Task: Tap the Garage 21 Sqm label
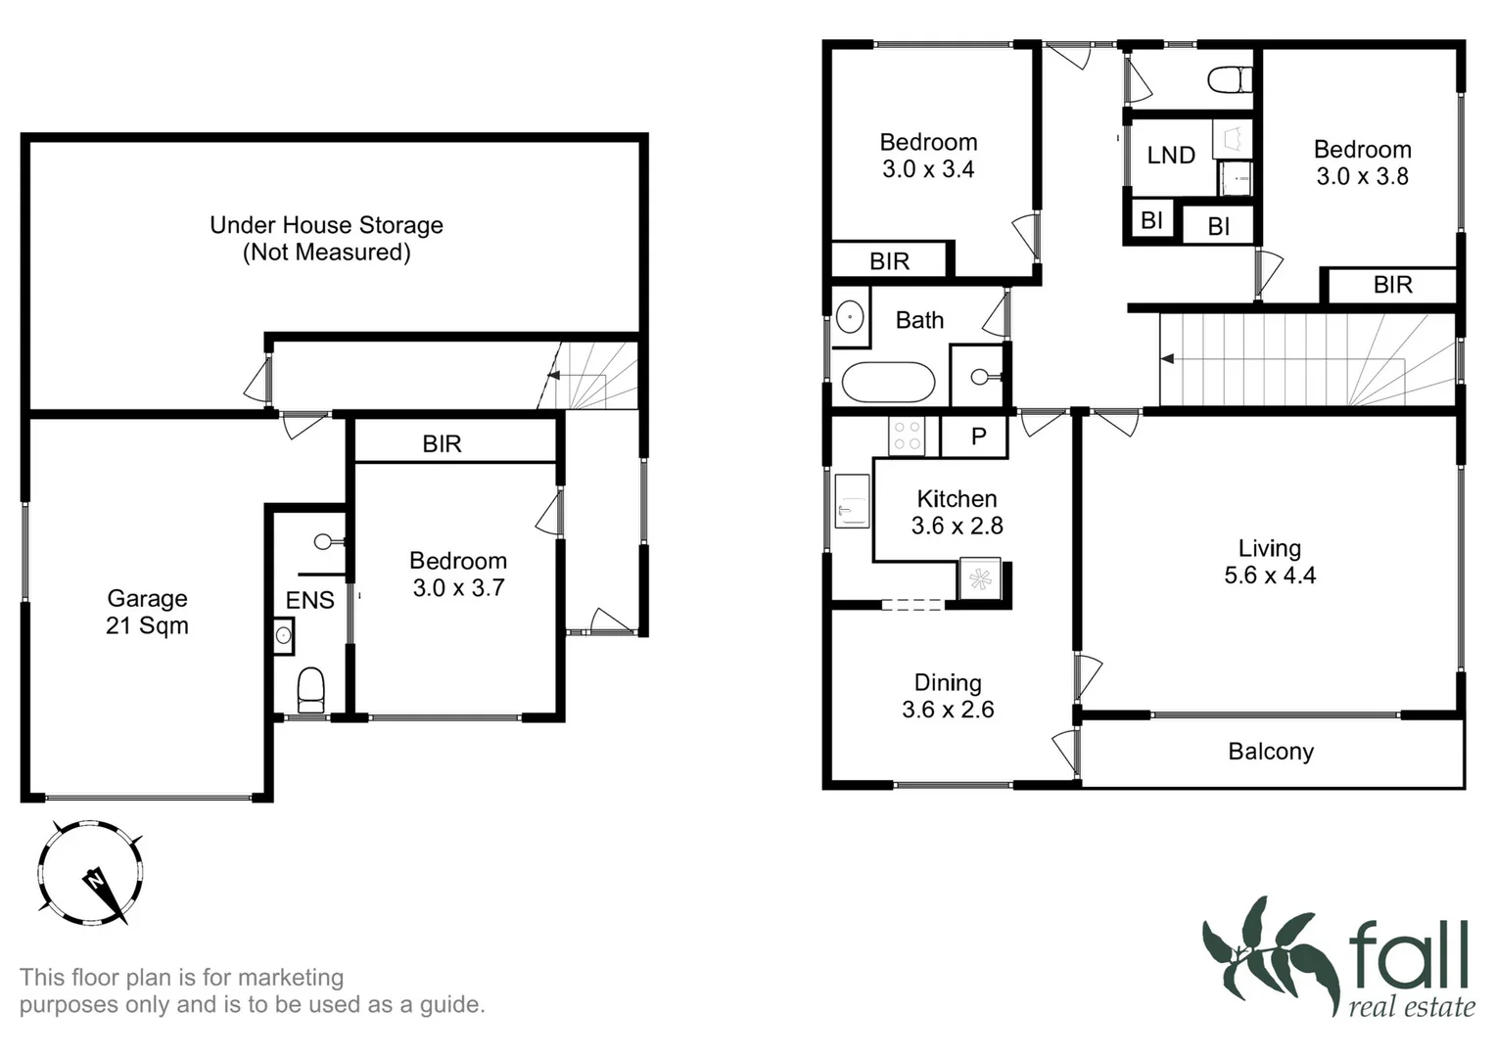coord(147,612)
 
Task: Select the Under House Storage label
coord(326,238)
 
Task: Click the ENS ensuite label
coord(309,600)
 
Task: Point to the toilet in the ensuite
coord(310,689)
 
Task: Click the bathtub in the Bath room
coord(888,382)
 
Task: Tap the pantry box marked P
coord(977,437)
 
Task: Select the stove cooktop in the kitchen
coord(907,436)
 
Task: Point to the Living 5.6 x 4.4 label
coord(1269,562)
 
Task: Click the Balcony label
coord(1271,752)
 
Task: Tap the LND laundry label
coord(1171,156)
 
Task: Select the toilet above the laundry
coord(1230,78)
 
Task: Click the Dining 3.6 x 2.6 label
coord(947,696)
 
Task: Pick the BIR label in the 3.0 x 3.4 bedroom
coord(889,261)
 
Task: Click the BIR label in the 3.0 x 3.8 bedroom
coord(1392,285)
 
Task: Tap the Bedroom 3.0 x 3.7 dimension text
coord(458,588)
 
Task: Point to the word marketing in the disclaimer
coord(291,977)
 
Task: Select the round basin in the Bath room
coord(849,317)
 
